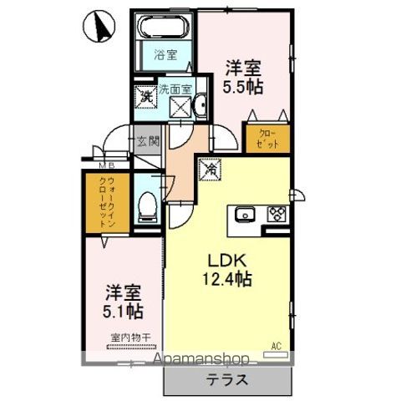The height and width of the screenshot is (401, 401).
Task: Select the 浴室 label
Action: tap(165, 56)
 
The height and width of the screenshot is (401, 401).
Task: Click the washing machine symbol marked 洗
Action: tap(145, 96)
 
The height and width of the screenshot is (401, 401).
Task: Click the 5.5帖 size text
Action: tap(243, 86)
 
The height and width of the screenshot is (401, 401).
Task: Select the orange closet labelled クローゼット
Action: tap(266, 137)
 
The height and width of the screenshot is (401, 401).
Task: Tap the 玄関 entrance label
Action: tap(146, 142)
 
